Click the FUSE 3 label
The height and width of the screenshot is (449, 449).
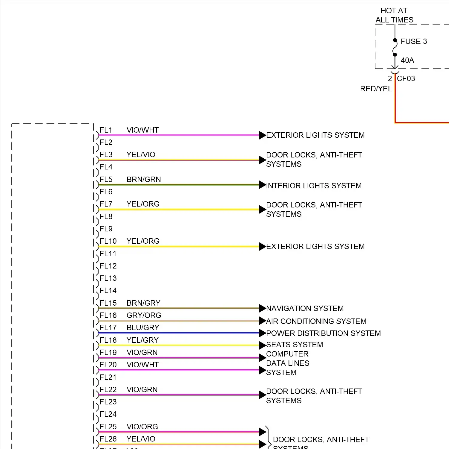point(414,41)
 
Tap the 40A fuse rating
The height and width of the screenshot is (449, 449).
point(407,60)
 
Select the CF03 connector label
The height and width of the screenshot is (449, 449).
point(406,78)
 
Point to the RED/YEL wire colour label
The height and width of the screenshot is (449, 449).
point(376,89)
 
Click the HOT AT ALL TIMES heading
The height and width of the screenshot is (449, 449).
point(394,15)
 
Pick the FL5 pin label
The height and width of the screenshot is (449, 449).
point(106,179)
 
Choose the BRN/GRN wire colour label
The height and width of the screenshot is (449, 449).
point(144,179)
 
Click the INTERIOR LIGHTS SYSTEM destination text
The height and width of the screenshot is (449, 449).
point(314,186)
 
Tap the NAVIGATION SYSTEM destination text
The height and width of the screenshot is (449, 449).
point(305,308)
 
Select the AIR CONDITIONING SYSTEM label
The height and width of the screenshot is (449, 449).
point(316,321)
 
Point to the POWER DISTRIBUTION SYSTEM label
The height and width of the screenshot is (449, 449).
point(323,333)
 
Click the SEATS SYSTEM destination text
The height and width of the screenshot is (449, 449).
point(295,345)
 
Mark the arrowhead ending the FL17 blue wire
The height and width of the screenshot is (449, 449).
point(262,333)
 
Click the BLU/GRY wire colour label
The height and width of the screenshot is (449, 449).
point(143,327)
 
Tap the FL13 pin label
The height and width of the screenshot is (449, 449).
point(108,278)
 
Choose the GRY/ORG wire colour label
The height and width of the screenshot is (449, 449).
point(144,315)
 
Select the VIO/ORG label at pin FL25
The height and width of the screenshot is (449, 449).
point(142,427)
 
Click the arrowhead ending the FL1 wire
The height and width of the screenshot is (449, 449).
point(262,135)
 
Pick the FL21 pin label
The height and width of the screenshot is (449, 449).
point(108,377)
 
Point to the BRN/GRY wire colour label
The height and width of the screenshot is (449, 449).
point(143,303)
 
